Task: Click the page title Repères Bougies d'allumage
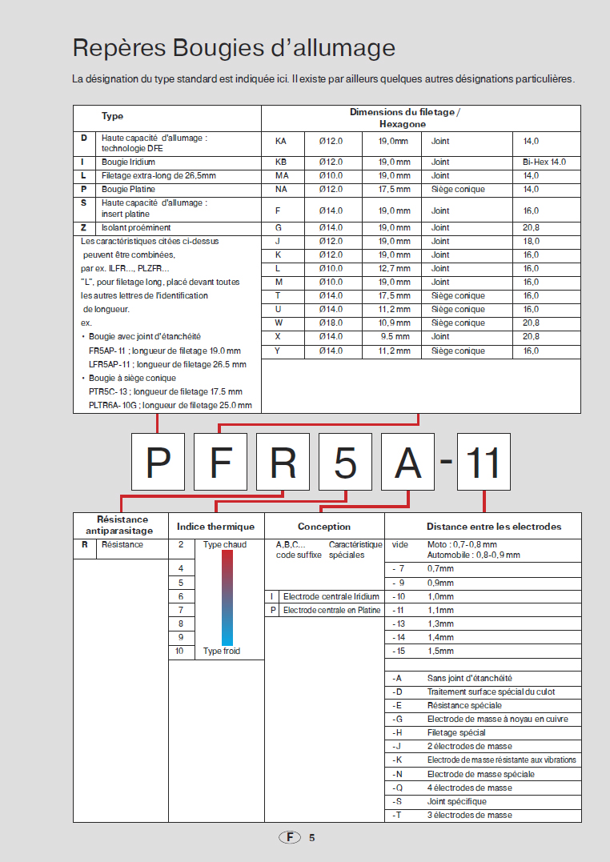point(234,48)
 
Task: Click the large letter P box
point(159,462)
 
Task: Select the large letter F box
point(220,462)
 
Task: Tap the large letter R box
point(283,462)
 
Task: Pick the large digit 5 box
point(346,462)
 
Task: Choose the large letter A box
point(408,462)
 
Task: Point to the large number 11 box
point(483,462)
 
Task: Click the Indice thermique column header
point(215,526)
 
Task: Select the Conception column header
point(324,526)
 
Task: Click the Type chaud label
point(225,545)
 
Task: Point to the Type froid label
point(222,652)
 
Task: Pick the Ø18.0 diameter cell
point(330,323)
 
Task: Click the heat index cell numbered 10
point(180,652)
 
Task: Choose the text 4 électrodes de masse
point(469,788)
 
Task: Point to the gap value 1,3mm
point(440,624)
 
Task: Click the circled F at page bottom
point(290,837)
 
